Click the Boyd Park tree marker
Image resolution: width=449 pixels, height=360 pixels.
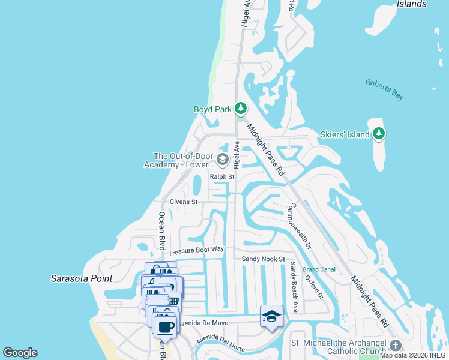(x=241, y=108)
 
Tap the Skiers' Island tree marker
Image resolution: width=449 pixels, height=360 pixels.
(x=379, y=134)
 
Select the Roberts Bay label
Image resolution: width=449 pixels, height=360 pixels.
(x=385, y=89)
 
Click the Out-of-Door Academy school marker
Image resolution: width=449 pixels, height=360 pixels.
(x=222, y=159)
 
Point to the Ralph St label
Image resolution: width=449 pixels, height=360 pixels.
(x=221, y=177)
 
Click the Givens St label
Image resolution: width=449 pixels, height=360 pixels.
(x=183, y=202)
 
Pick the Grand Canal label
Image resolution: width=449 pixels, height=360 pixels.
(x=318, y=269)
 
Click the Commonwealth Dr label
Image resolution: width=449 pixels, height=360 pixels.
(x=300, y=226)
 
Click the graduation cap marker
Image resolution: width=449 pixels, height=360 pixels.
(x=271, y=316)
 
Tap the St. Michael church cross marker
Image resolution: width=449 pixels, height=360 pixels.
(x=395, y=346)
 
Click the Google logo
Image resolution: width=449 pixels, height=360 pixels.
(x=20, y=353)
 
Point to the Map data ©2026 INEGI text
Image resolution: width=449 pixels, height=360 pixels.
(x=414, y=355)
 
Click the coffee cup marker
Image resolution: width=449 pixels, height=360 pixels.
(x=166, y=327)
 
